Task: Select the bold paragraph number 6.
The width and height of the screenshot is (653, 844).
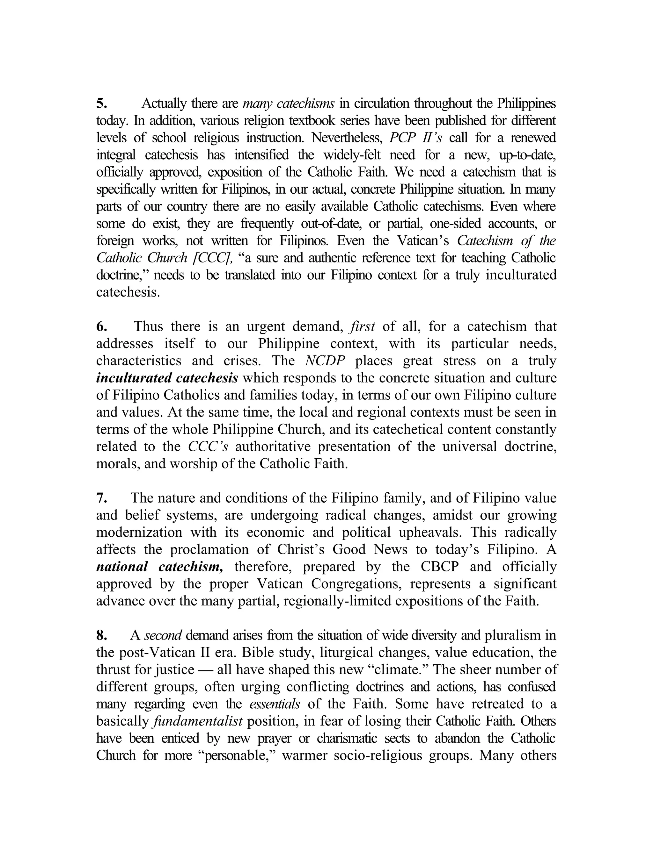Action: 101,326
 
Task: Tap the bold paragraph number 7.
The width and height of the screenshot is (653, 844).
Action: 101,498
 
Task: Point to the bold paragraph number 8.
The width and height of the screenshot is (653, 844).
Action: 101,635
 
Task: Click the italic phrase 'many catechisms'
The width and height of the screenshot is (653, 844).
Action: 289,104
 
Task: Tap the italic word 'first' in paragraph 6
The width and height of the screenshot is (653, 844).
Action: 362,326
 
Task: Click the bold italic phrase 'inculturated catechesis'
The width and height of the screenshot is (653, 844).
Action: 167,378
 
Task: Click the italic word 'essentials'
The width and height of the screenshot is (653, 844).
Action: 274,704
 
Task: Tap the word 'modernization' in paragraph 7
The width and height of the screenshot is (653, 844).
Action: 139,533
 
